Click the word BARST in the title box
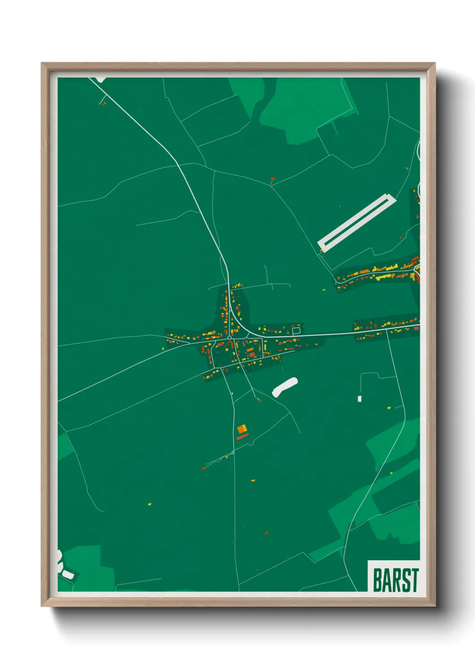click(x=396, y=580)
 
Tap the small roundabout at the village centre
click(x=229, y=337)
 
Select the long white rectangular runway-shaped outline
click(x=357, y=222)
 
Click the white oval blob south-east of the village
click(x=285, y=387)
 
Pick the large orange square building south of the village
click(x=242, y=429)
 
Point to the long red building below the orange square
click(x=242, y=437)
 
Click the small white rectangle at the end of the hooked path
click(x=360, y=399)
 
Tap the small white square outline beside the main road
click(x=296, y=331)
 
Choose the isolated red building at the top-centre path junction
click(x=272, y=179)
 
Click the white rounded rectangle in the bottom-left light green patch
click(x=68, y=574)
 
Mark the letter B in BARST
click(x=378, y=580)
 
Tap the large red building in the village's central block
click(x=252, y=355)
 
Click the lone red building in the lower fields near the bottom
click(x=267, y=533)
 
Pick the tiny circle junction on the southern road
click(x=233, y=452)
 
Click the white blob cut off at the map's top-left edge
click(x=101, y=80)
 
